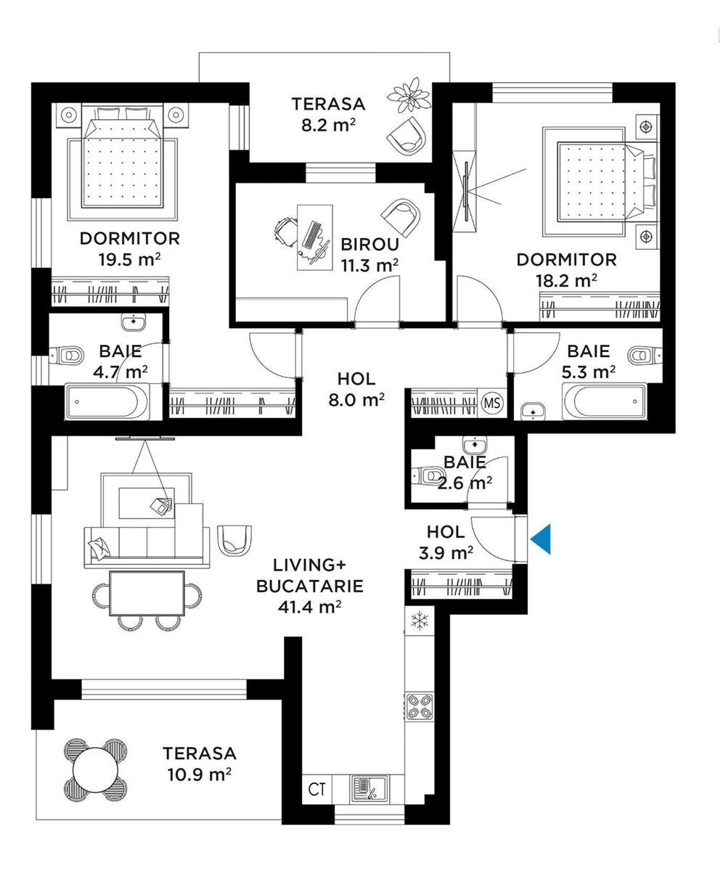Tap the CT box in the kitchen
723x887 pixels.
click(x=317, y=789)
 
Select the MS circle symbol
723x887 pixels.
click(x=492, y=403)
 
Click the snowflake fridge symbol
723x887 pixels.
click(x=420, y=621)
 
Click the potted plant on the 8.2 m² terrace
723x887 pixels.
click(x=409, y=95)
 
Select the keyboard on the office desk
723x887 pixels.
click(x=311, y=234)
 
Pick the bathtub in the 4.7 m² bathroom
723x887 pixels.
click(x=107, y=402)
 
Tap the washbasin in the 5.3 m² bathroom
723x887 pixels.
click(x=534, y=410)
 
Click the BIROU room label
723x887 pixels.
click(x=369, y=245)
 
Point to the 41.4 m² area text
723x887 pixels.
click(x=309, y=607)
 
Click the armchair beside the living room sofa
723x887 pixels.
click(x=234, y=541)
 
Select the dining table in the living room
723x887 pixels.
click(x=147, y=593)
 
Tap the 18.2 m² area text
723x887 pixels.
click(x=566, y=281)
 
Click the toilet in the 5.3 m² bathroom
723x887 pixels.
click(x=645, y=355)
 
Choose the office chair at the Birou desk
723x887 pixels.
click(x=285, y=232)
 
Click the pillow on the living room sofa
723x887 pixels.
click(x=99, y=547)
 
